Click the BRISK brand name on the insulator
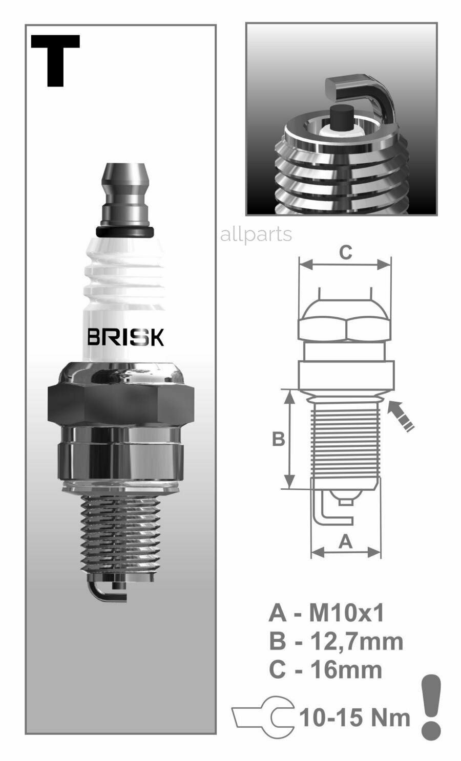125,337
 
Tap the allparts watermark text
256,234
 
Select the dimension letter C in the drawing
346,252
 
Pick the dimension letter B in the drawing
278,439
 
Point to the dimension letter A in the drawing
346,541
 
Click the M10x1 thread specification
346,613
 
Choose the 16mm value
346,669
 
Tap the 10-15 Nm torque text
354,717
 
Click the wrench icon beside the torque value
264,717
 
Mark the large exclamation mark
431,707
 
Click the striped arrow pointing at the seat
401,416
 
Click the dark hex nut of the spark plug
121,404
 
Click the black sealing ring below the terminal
124,232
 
